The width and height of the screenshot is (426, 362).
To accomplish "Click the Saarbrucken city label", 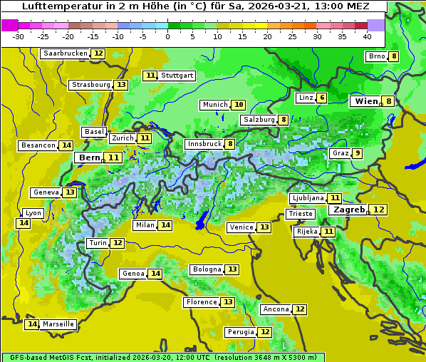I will [66, 53].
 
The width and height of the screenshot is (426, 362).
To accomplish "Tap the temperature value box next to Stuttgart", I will [150, 76].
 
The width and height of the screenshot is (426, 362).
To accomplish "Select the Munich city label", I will [214, 105].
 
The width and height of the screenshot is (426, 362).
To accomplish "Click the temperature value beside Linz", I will [322, 98].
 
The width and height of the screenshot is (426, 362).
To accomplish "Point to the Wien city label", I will [366, 102].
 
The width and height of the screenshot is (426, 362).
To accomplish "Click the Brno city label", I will [375, 56].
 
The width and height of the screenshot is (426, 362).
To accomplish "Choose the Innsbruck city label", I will [204, 144].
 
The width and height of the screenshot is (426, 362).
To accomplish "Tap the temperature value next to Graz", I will [357, 153].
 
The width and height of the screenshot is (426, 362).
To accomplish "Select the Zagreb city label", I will [348, 210].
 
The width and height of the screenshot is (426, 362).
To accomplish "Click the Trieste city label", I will [299, 214].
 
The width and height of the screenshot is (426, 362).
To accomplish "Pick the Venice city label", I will [241, 227].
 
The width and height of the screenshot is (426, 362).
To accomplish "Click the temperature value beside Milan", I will [165, 225].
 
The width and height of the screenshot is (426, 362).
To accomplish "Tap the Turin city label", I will [98, 243].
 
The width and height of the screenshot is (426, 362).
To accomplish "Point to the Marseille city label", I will [58, 324].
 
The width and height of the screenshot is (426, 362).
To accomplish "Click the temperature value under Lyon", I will [24, 223].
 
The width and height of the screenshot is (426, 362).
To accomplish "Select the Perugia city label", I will [240, 332].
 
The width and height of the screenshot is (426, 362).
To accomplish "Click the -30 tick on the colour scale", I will [19, 36].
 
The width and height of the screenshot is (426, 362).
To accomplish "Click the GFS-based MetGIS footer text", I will [50, 357].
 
